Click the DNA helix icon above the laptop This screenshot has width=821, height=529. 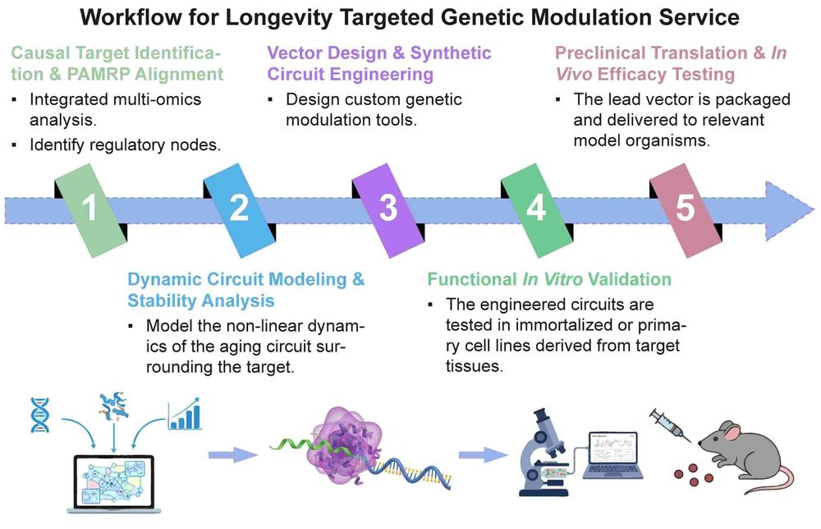tap(38, 415)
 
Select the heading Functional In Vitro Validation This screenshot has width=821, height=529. tap(548, 279)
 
